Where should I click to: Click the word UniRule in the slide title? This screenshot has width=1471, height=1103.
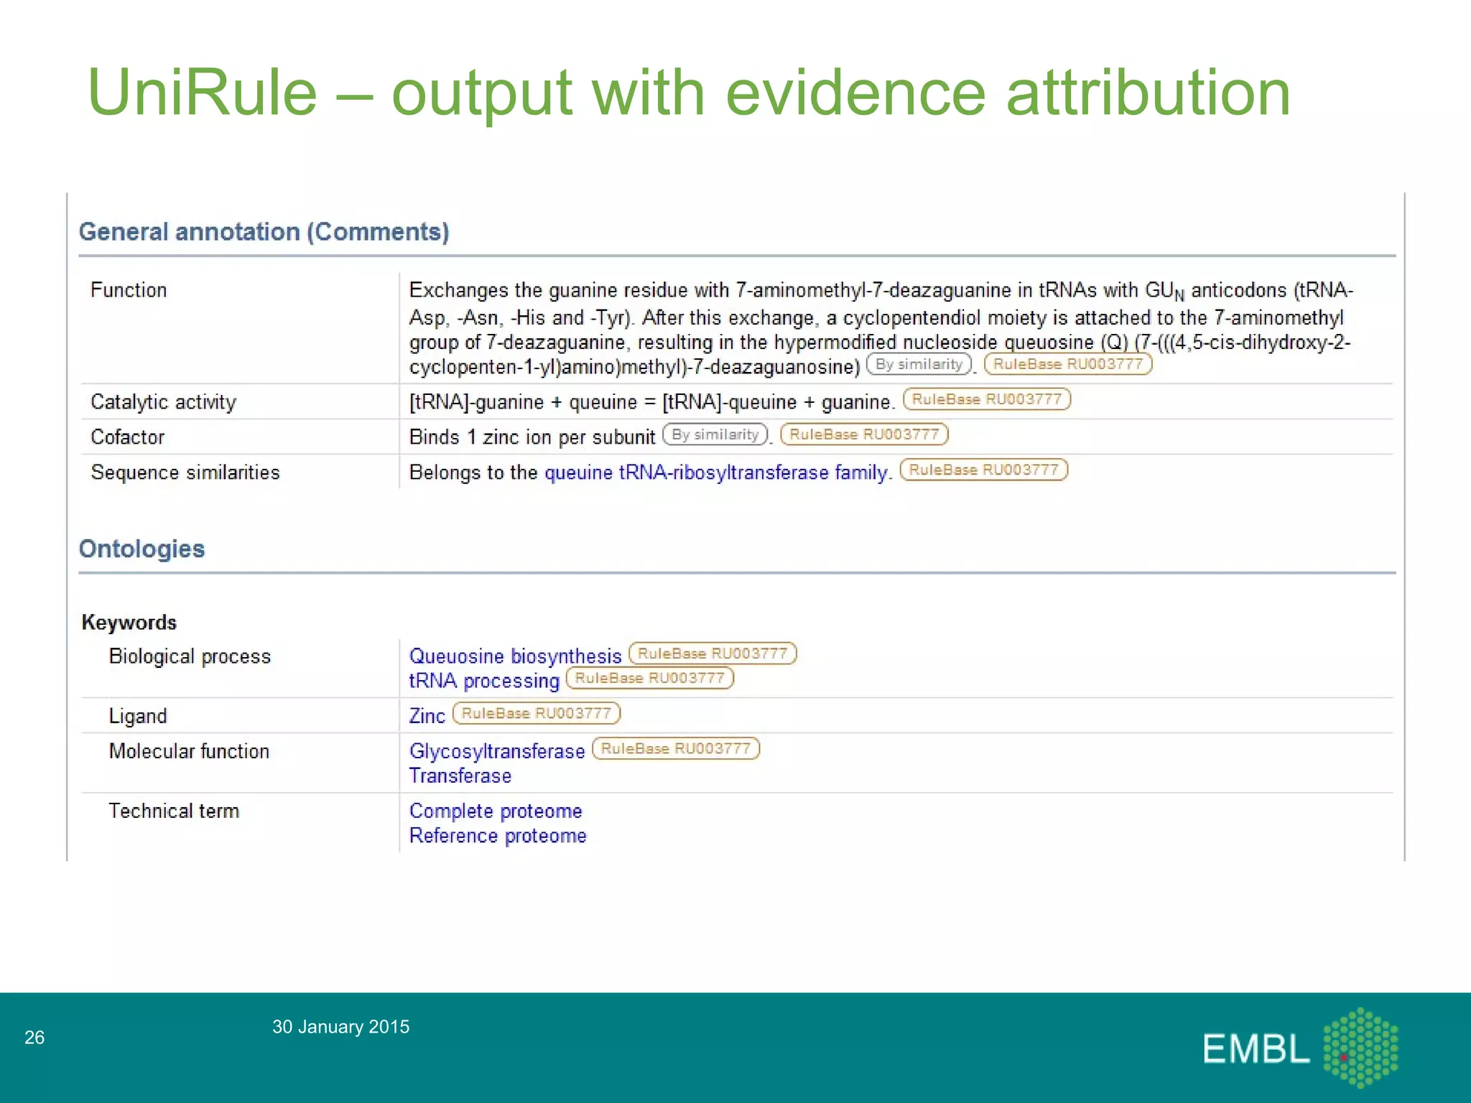[203, 93]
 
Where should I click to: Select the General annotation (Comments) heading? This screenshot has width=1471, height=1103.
[264, 232]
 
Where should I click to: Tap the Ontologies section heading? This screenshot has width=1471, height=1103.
[141, 549]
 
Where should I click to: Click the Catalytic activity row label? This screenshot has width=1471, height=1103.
[163, 402]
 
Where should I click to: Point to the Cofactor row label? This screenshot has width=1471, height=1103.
[127, 437]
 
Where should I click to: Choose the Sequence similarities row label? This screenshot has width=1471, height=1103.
[185, 473]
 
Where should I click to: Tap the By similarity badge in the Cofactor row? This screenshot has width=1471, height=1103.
[715, 434]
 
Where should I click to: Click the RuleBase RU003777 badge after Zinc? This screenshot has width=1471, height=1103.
[537, 713]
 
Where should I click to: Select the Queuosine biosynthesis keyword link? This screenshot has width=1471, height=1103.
[515, 656]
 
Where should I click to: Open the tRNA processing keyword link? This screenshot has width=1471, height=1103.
[484, 681]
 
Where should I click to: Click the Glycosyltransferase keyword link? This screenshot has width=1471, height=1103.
[497, 751]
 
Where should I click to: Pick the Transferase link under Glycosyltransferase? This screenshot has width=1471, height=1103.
[460, 776]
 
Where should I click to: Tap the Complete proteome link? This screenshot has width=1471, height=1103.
[496, 811]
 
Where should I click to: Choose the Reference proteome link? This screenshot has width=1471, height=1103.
[498, 836]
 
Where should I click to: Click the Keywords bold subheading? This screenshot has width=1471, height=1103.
[129, 622]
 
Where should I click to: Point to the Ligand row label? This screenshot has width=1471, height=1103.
[138, 716]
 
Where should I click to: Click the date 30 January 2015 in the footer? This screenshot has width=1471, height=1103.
[340, 1027]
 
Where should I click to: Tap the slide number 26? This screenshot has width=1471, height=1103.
[34, 1037]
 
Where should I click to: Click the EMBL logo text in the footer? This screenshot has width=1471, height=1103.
[1256, 1049]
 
